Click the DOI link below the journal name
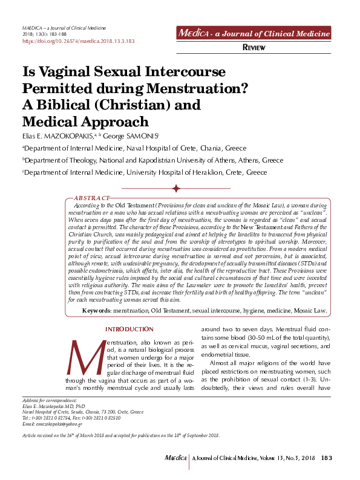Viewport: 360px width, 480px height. pyautogui.click(x=78, y=42)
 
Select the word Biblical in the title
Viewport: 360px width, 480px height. pyautogui.click(x=67, y=105)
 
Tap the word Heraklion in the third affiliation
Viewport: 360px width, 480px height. pyautogui.click(x=194, y=172)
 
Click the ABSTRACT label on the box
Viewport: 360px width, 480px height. pyautogui.click(x=91, y=198)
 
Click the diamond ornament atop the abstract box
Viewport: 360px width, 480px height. pyautogui.click(x=177, y=190)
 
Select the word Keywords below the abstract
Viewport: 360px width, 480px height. pyautogui.click(x=96, y=310)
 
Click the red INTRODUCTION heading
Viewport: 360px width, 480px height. pyautogui.click(x=129, y=329)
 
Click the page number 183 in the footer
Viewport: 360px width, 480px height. pyautogui.click(x=327, y=459)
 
